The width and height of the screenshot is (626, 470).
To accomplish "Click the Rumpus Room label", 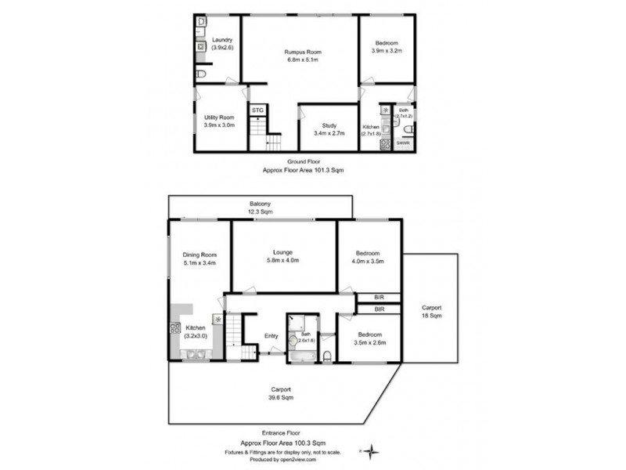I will pos(302,52).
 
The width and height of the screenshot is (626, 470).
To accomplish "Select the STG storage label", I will pos(257,110).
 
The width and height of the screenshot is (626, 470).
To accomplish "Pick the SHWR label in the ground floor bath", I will pos(402,143).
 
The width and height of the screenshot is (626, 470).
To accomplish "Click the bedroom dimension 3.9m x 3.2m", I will pos(386,51).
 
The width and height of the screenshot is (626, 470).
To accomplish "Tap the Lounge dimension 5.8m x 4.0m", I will pos(283,260).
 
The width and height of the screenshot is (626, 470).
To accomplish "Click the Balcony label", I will pos(261,203).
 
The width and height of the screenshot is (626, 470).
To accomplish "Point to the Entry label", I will pos(271,336).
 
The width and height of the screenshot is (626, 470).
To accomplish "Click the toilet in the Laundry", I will pos(201,74).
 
